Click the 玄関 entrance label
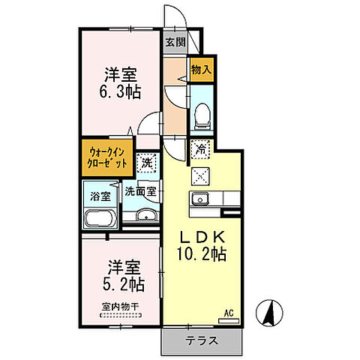click(175, 42)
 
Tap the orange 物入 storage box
click(200, 69)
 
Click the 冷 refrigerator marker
click(200, 148)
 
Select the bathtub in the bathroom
click(99, 220)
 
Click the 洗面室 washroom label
click(141, 191)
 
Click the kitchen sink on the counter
click(200, 199)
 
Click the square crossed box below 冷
click(200, 176)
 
